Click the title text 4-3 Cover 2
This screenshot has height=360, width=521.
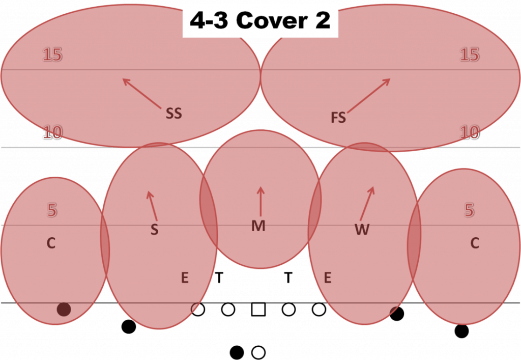pos(260,20)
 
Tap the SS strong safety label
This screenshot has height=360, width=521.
pos(174,114)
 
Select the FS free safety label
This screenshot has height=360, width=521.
pos(338,118)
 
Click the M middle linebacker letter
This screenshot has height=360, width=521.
pos(258,226)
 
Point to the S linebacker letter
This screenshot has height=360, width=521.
pos(155,230)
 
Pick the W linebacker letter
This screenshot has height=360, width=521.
pos(362,229)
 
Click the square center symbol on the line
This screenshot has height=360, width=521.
pos(258,309)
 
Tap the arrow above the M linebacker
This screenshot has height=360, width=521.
pos(260,202)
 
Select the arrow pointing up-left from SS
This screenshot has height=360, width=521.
pos(141,93)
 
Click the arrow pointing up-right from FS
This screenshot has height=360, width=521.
pos(369,95)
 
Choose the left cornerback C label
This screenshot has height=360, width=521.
pos(51,243)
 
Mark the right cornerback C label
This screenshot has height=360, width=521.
pos(475,243)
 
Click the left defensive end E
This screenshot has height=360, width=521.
pos(185,278)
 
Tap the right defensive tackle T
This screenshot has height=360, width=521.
pos(288,278)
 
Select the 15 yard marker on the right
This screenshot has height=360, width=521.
pos(470,54)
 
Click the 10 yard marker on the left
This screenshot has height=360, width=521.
pos(52,132)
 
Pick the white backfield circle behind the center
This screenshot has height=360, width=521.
pos(258,352)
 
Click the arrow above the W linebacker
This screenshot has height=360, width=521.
pos(367,204)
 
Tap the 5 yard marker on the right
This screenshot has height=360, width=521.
pos(469,210)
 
